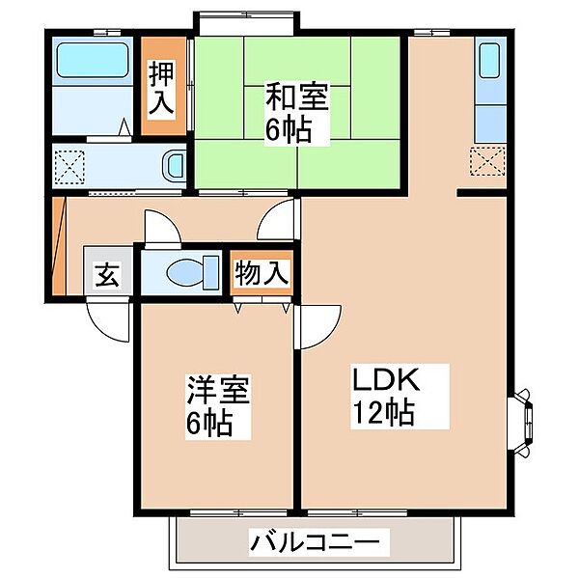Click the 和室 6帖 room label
click(x=296, y=113)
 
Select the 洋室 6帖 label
click(x=218, y=407)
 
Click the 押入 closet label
click(x=161, y=89)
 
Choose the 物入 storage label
click(x=262, y=273)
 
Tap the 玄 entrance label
click(x=107, y=275)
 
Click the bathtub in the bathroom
click(x=93, y=60)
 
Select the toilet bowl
click(x=185, y=272)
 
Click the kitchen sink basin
click(x=490, y=61)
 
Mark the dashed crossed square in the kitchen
click(x=487, y=161)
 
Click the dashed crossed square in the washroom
click(x=69, y=167)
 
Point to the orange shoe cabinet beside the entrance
click(x=59, y=246)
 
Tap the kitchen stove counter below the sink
click(x=490, y=124)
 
